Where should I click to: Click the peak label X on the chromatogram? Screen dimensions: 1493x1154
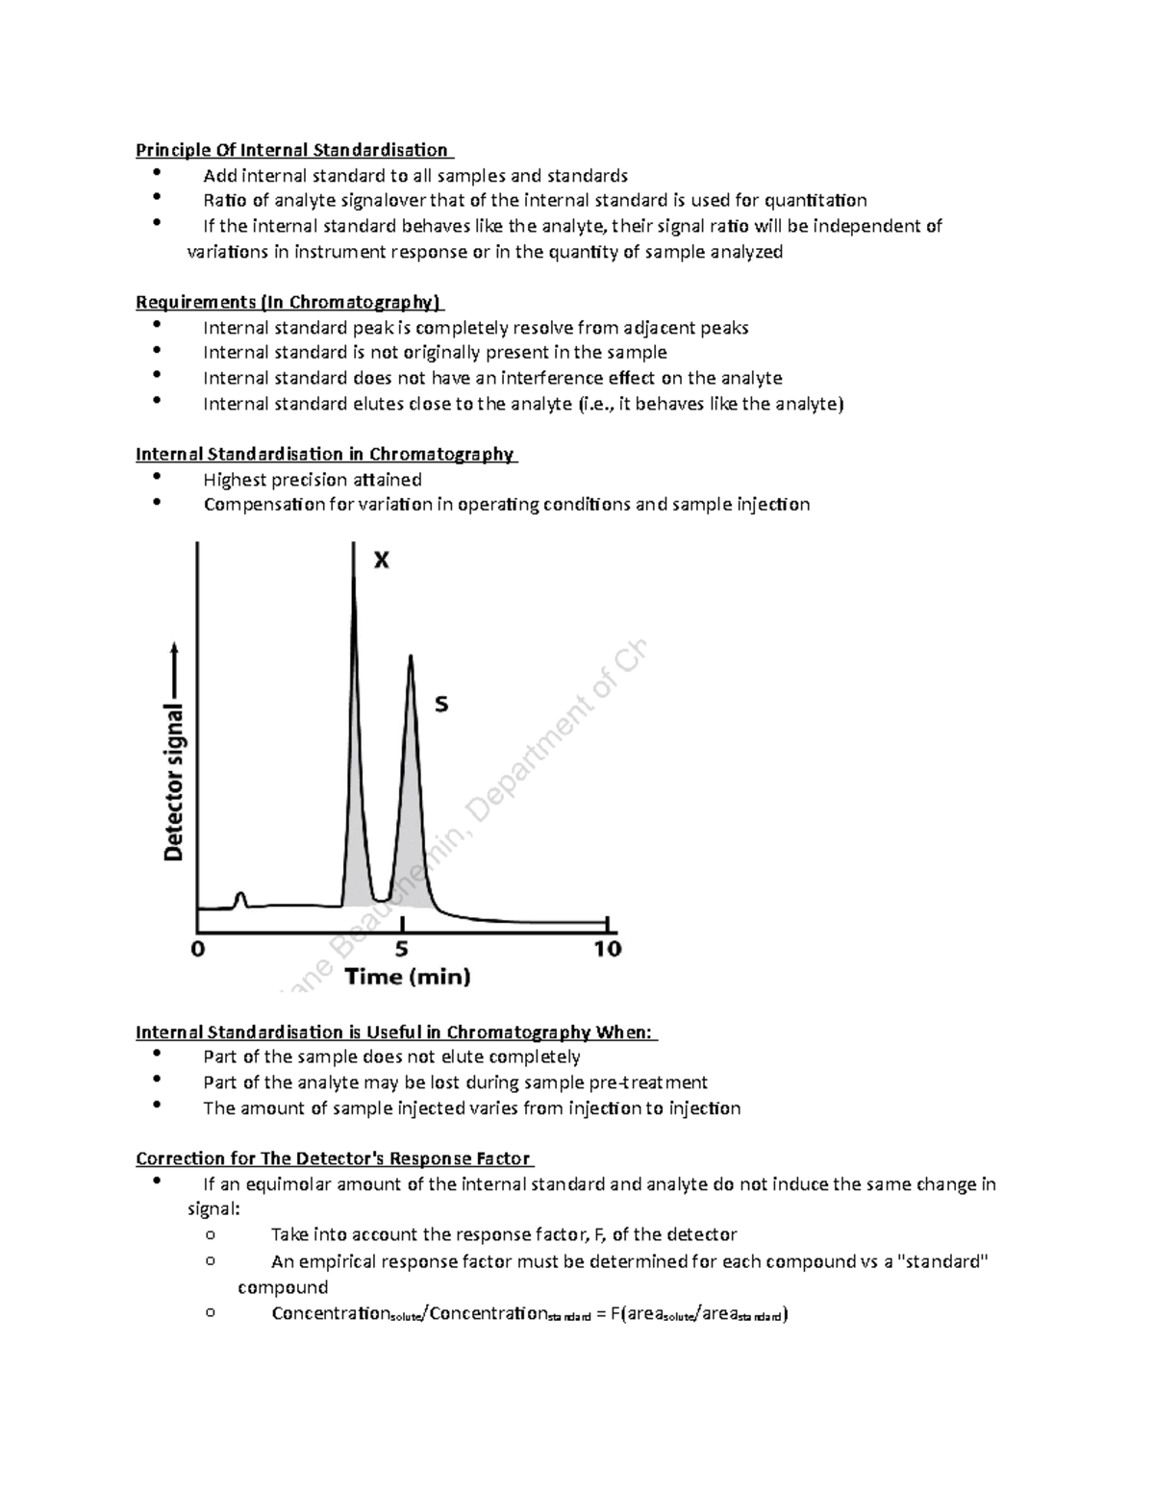(x=382, y=560)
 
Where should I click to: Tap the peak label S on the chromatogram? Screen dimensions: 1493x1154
(x=441, y=705)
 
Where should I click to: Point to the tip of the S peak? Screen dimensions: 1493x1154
(x=411, y=658)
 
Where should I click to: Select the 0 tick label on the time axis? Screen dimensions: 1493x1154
(x=198, y=949)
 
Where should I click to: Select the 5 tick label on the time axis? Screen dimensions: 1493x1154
(x=401, y=949)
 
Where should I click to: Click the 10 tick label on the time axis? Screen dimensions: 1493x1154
(x=607, y=949)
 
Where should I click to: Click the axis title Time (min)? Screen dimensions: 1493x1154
(x=408, y=978)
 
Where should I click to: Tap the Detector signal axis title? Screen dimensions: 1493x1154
(x=174, y=781)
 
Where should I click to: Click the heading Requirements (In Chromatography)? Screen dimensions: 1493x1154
(x=288, y=303)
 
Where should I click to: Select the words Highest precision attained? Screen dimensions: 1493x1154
(x=313, y=480)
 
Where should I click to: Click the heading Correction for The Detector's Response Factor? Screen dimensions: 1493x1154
(x=333, y=1158)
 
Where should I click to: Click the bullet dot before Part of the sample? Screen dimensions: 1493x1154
(x=157, y=1055)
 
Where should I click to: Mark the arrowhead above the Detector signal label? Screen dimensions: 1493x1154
(x=174, y=646)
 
